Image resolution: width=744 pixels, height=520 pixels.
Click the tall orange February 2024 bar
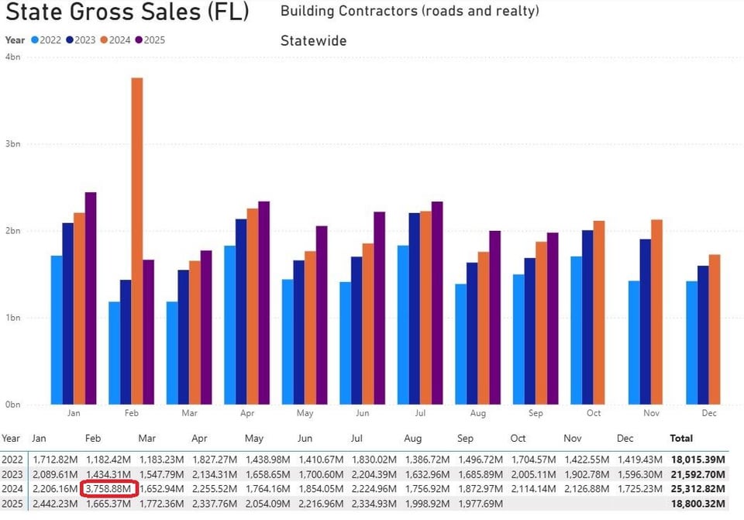[137, 240]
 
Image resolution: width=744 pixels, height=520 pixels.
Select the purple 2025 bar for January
[91, 298]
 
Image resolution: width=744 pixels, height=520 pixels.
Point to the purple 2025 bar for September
[553, 318]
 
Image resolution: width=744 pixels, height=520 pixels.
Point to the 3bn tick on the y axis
[13, 144]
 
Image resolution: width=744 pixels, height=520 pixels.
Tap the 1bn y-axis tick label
[13, 318]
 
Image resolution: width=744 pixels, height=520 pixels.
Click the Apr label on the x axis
[247, 413]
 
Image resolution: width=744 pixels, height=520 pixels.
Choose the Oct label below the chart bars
[594, 413]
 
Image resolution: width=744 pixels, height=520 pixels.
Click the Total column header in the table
[682, 439]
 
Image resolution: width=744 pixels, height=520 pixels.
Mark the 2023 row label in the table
[13, 474]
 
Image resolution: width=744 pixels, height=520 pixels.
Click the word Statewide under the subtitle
[313, 40]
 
